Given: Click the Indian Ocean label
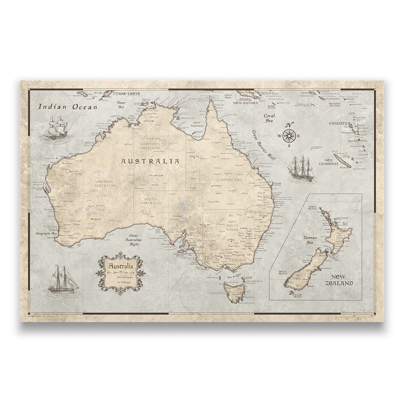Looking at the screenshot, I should point(68,107).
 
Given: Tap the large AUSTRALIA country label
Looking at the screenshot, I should point(150,161).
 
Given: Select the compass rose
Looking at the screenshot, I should point(289,135).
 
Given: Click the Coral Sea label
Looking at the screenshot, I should point(269,118).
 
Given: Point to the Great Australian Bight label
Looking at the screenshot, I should point(134,240).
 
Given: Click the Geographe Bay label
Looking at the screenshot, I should point(46,233).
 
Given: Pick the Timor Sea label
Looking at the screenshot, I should point(121,105).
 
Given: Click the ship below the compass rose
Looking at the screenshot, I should point(301,169).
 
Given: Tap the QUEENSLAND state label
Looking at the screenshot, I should point(229,180).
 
